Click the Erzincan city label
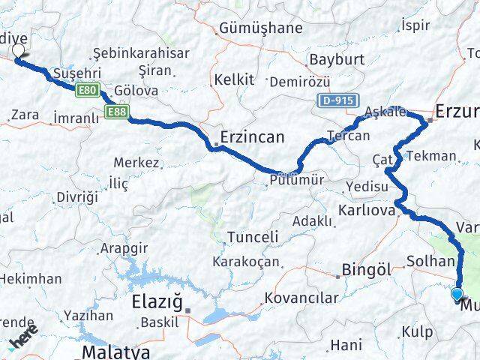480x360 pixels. point(252,137)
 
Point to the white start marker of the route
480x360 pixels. point(18,52)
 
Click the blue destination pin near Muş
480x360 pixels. point(457,295)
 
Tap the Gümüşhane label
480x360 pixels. point(260,28)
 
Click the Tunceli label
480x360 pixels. point(253,237)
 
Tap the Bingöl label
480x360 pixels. point(367,268)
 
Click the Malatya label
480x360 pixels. point(116,351)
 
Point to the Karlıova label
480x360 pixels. point(366,211)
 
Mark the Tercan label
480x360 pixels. point(348,136)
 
